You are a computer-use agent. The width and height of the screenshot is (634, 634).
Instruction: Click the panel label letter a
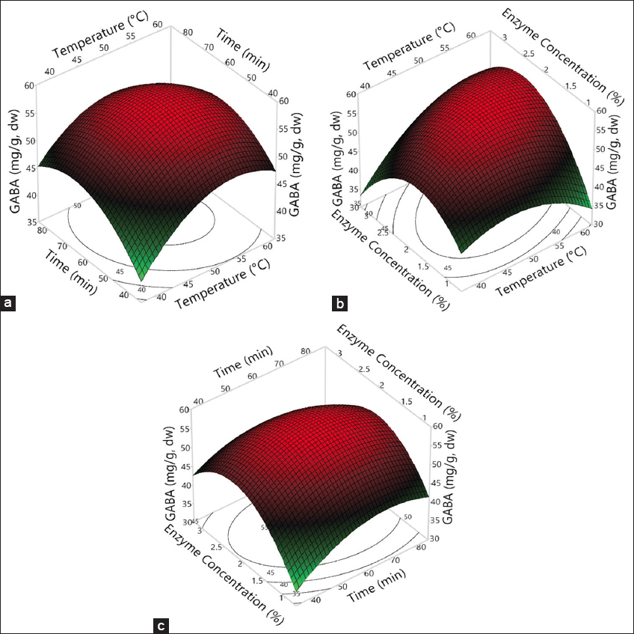click(x=9, y=304)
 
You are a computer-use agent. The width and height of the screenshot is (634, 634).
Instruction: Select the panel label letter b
click(x=340, y=304)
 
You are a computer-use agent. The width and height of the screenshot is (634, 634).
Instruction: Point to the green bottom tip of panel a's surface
click(x=141, y=281)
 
